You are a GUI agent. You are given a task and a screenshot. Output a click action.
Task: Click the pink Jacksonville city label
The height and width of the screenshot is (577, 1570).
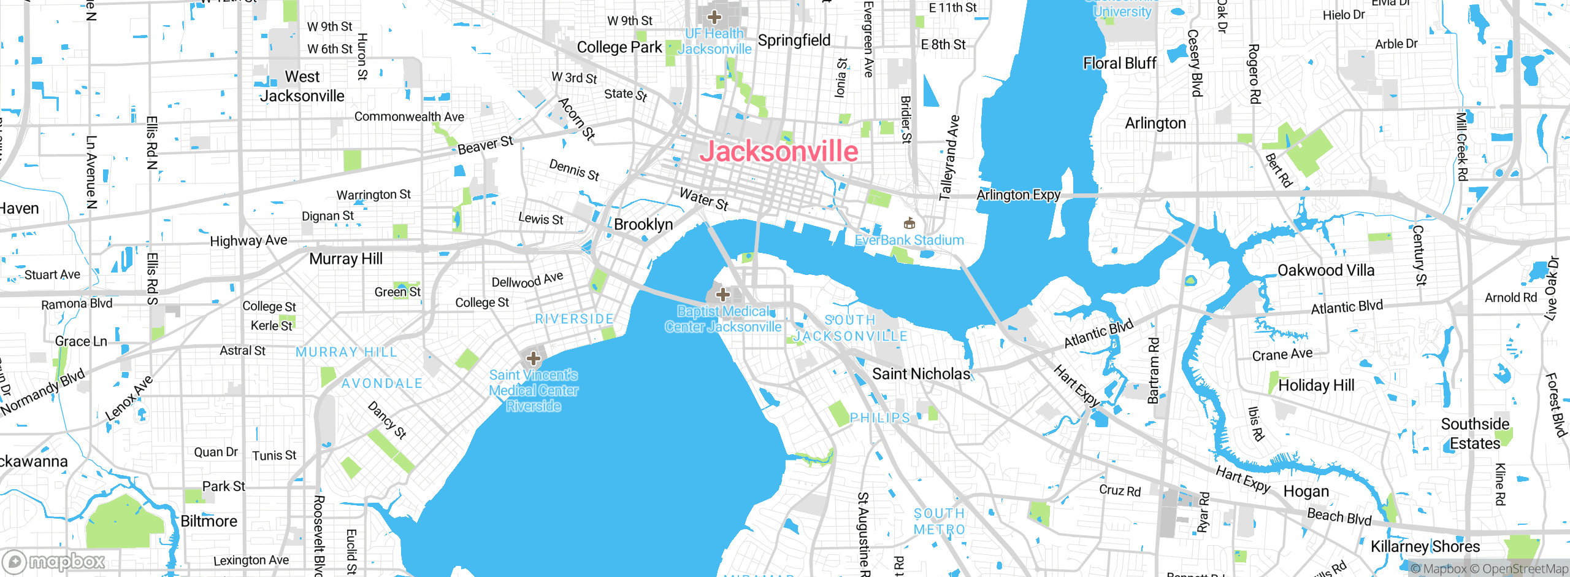779,152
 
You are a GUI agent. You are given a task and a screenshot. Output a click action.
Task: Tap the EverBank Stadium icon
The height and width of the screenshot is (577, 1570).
909,223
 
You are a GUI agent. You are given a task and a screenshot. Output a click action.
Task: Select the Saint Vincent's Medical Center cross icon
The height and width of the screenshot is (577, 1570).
534,358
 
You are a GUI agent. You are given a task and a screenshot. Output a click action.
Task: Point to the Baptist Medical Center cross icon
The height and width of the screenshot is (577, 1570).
723,295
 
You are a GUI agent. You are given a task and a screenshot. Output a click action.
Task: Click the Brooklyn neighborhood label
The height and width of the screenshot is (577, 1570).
643,225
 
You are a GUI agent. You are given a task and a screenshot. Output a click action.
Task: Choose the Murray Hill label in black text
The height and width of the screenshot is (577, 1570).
346,259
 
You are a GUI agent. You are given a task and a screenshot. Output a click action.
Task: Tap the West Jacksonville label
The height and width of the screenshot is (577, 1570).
302,87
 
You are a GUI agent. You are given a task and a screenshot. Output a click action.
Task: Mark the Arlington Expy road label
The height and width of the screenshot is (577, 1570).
1018,195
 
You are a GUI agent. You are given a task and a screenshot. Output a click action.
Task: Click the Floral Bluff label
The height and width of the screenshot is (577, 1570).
1120,63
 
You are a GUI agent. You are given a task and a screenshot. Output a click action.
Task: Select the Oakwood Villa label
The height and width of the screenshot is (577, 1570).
1326,271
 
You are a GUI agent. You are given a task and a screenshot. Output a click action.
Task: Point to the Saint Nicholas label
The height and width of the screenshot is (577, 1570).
921,374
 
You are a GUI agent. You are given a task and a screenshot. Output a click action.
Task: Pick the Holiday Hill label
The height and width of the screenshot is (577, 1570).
1317,385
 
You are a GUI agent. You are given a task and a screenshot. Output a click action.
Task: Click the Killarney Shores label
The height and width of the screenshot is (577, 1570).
1425,546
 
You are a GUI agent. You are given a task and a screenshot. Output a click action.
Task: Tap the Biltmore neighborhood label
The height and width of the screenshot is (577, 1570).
209,521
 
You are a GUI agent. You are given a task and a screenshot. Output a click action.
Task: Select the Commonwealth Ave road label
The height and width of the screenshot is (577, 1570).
409,117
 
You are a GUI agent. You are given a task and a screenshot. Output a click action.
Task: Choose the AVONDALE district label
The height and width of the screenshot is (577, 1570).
382,384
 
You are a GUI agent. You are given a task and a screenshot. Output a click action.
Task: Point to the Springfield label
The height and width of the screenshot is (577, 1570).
794,41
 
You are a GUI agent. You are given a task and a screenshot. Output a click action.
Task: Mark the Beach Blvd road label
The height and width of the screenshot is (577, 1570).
1339,517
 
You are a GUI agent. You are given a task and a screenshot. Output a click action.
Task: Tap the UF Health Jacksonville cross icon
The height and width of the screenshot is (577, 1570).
714,17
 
